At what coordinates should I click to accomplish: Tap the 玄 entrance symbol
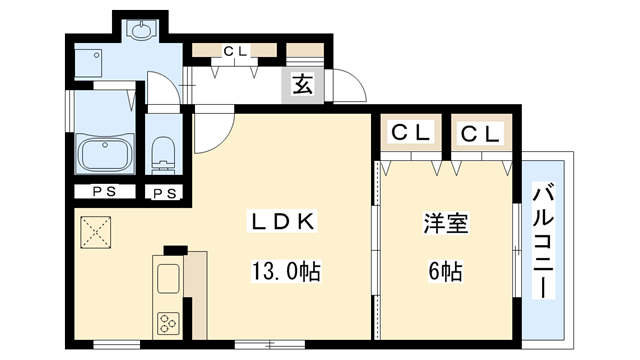pos(302,85)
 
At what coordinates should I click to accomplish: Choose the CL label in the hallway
pos(236,50)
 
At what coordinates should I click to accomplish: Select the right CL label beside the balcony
pos(476,132)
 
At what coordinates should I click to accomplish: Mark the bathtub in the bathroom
pos(104,156)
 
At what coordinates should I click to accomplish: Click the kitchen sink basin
pos(166,278)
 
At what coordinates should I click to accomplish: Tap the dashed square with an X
pos(97,232)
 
